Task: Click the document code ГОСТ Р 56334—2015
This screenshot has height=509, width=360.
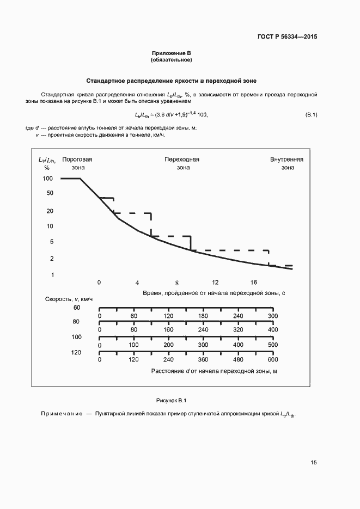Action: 286,37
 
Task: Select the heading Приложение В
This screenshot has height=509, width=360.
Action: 172,53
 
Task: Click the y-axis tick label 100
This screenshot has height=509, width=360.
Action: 48,179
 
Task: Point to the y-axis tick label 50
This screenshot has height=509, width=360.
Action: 50,193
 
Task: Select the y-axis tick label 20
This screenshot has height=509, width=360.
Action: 50,211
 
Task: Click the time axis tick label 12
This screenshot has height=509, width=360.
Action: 215,282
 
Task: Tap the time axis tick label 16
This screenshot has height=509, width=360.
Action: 254,282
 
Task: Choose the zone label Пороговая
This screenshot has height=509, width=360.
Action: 77,160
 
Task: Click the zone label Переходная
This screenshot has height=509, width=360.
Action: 182,160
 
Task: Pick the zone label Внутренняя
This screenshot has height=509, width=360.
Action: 287,160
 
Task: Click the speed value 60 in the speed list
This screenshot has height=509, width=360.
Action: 77,308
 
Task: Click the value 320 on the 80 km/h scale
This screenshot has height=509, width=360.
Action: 238,330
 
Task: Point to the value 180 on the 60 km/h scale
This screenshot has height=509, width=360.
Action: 203,316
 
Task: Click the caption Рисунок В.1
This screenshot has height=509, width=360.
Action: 172,401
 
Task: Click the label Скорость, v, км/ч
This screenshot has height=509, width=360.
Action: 69,298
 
